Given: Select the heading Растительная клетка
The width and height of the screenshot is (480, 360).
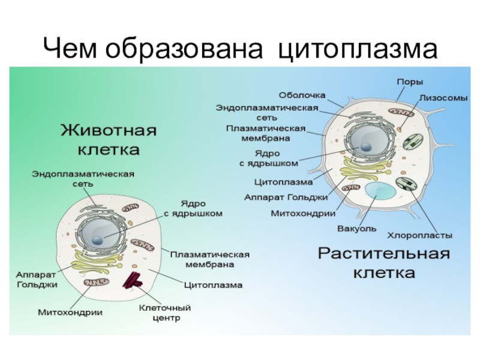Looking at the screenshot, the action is click(383, 262).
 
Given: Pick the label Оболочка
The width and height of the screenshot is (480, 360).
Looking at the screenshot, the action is click(302, 95).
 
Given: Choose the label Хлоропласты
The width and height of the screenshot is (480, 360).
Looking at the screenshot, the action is click(420, 235).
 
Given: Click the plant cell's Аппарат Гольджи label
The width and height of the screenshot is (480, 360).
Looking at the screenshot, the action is click(286, 197).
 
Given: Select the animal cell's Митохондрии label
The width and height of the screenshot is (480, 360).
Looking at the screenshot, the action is click(70, 312).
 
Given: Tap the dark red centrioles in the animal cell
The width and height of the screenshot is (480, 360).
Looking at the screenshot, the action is click(133, 280).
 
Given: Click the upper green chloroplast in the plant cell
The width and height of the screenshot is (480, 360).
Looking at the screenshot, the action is click(412, 141).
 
